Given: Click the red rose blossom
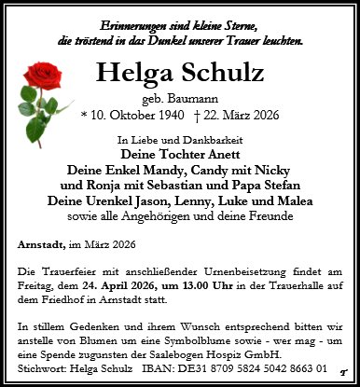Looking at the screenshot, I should [x=46, y=77].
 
